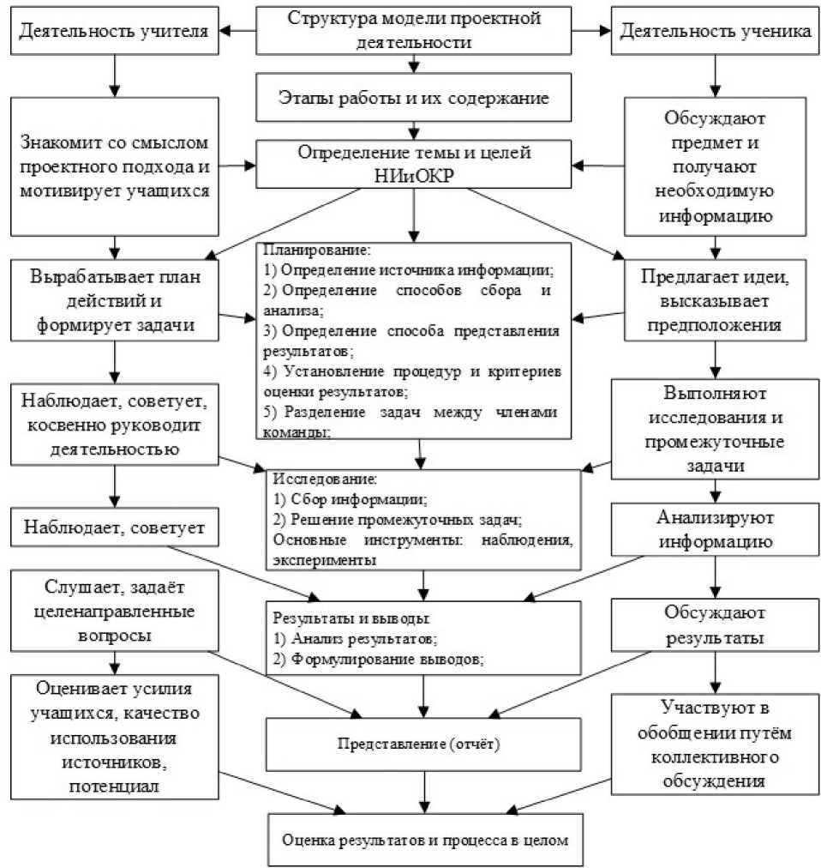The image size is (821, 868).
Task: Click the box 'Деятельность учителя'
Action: (x=113, y=33)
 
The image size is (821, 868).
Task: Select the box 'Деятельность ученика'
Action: (x=715, y=33)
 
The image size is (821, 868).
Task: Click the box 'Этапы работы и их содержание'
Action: (x=414, y=98)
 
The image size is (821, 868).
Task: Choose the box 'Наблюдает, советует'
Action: (x=113, y=528)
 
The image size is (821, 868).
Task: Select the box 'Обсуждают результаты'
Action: (x=715, y=626)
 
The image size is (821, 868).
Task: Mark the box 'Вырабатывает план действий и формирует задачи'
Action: (x=113, y=302)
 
